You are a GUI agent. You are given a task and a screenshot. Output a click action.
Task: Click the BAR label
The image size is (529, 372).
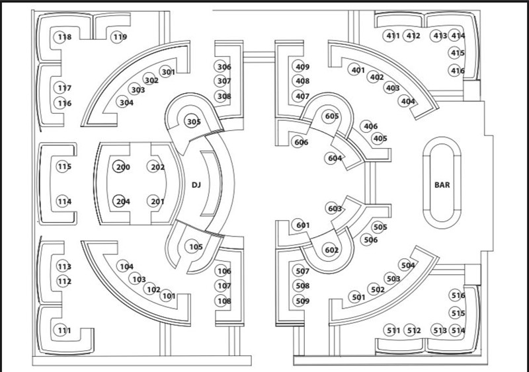click(442, 185)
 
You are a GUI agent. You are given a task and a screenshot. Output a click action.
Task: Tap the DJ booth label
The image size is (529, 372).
click(196, 185)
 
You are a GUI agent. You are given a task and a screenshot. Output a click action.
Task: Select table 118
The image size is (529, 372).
click(64, 37)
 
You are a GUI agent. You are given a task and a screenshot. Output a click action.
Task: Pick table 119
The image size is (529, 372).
click(119, 37)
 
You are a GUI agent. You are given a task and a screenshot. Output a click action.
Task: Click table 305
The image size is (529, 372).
click(193, 122)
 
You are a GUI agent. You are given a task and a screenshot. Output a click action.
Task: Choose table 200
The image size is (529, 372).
click(122, 167)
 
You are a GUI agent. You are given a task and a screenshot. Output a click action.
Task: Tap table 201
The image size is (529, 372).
click(157, 202)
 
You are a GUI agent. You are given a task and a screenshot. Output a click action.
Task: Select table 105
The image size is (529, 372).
click(196, 247)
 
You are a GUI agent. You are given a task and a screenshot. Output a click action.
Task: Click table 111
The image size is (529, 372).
click(63, 330)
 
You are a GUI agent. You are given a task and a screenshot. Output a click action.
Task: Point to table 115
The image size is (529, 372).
click(63, 167)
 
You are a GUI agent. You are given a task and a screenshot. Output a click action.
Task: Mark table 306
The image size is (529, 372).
click(224, 67)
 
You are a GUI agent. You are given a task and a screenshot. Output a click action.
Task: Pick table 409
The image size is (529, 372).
click(302, 67)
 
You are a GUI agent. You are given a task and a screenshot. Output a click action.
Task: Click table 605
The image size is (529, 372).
click(332, 116)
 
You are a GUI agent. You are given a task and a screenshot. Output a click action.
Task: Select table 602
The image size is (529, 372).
click(331, 250)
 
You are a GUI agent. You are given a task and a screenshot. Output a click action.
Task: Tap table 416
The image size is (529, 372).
click(458, 71)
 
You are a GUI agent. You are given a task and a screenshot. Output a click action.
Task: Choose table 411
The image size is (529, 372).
click(393, 36)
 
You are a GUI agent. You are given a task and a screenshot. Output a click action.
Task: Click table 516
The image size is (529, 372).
click(458, 295)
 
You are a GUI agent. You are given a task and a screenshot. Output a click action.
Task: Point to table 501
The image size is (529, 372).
click(358, 297)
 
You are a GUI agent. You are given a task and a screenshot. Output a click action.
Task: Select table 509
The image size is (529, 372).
click(302, 301)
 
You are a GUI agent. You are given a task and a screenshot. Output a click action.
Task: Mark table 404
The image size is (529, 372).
click(408, 101)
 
